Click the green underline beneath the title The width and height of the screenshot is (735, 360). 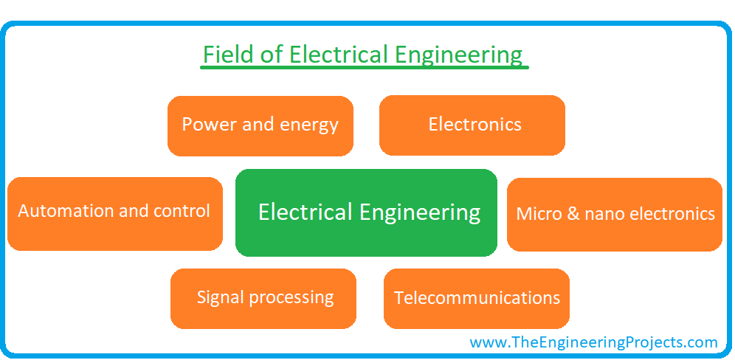pos(365,68)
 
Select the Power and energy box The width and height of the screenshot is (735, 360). pos(260,126)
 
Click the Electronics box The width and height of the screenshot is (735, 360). pos(472,125)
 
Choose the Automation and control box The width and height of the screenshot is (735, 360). pos(115,214)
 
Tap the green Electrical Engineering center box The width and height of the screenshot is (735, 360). pos(366,212)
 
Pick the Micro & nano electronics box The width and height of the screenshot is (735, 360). pos(615,215)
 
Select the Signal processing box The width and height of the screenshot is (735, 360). pos(263,299)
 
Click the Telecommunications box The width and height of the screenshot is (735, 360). pos(477,299)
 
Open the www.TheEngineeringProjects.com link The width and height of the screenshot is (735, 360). pos(593,342)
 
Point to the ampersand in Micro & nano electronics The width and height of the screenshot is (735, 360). pos(573,214)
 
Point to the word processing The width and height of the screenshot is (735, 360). pos(291,298)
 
